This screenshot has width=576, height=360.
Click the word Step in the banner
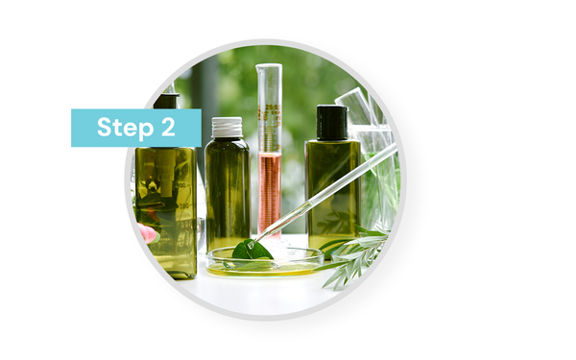click(125, 128)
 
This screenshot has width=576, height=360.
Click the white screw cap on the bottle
click(227, 127)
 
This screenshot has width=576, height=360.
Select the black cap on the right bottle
click(332, 122)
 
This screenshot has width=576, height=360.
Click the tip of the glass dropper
click(252, 245)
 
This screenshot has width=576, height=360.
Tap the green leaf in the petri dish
click(252, 251)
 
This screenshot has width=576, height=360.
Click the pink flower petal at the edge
click(147, 232)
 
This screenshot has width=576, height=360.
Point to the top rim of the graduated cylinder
click(269, 66)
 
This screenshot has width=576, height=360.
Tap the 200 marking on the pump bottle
click(183, 205)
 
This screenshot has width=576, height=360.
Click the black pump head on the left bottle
click(166, 100)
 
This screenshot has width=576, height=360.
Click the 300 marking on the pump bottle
click(180, 185)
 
